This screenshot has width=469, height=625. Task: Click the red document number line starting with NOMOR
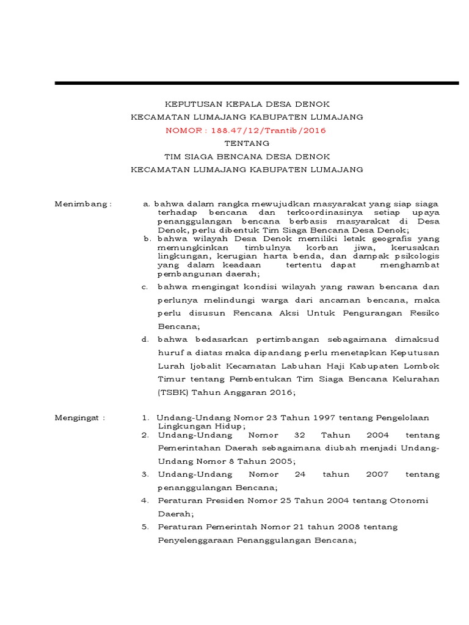tap(246, 130)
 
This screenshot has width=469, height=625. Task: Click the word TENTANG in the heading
tap(246, 143)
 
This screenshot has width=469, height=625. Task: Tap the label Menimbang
tap(82, 203)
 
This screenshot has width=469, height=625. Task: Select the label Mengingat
tap(80, 417)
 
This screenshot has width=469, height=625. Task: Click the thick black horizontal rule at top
tap(256, 82)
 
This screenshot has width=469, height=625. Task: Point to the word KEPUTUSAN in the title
tap(187, 104)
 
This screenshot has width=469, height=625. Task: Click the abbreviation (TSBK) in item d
tap(173, 392)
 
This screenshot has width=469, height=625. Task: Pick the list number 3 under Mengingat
tap(145, 474)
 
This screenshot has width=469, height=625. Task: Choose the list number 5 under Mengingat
tap(145, 526)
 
